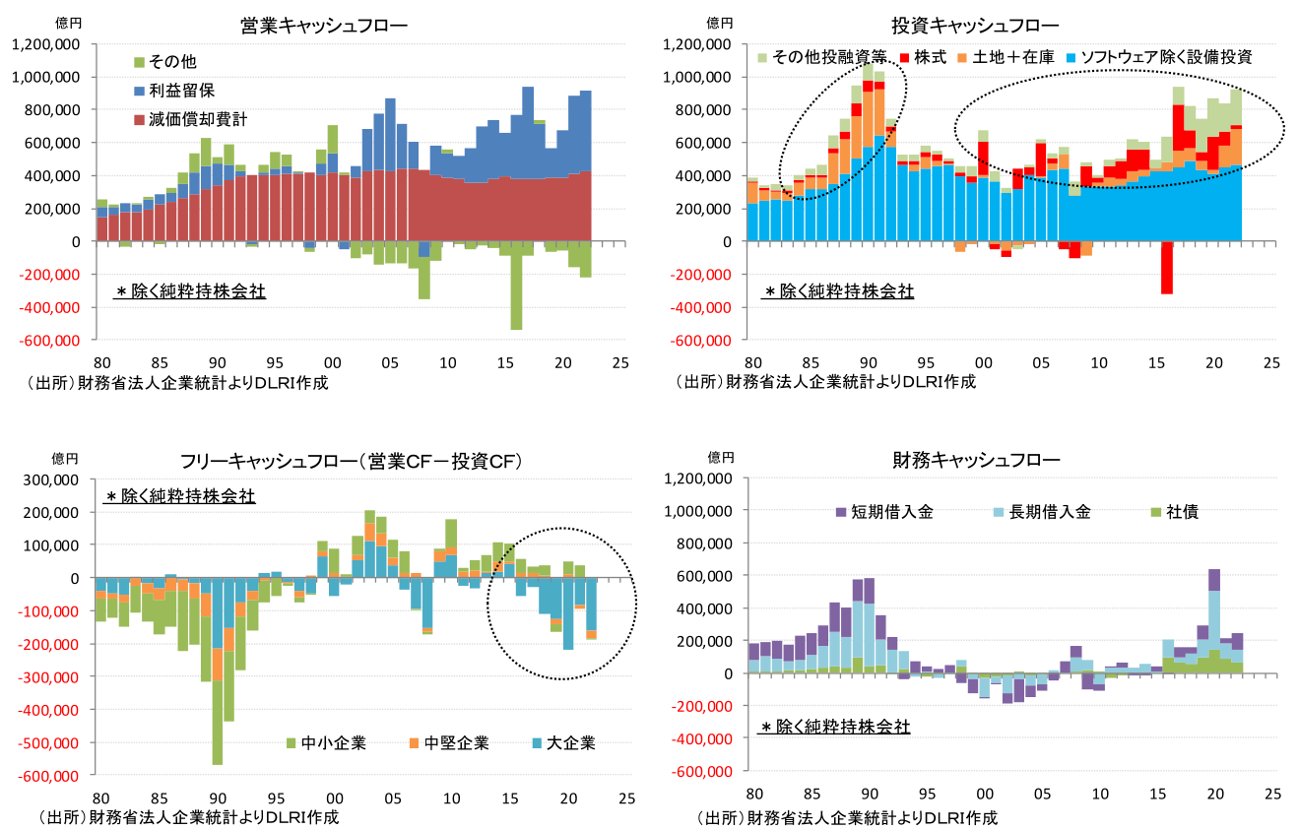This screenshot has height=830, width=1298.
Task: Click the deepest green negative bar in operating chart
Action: point(516,290)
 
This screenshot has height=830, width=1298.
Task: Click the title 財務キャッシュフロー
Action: point(976,460)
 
